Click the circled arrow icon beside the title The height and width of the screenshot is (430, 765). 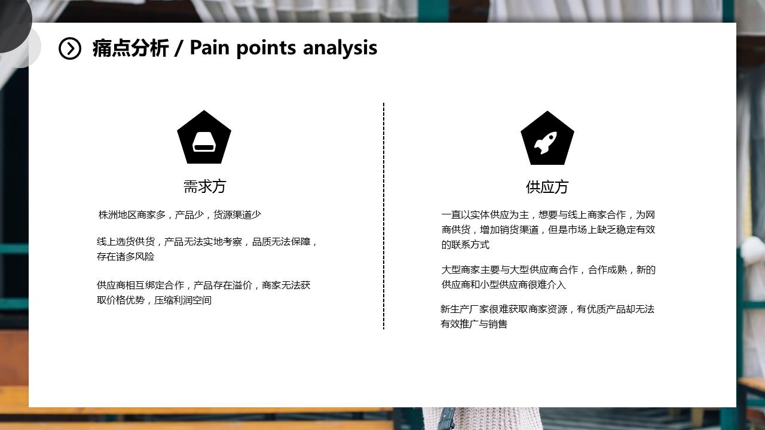70,48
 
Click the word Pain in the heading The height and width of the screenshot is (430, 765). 209,47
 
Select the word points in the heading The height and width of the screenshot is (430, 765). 266,48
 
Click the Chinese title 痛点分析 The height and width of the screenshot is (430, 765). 130,48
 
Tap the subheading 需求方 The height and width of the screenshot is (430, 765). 204,186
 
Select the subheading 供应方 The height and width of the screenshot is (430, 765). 547,187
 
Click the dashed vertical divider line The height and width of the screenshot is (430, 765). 384,216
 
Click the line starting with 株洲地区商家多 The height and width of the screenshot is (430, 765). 180,214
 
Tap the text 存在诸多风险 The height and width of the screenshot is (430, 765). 126,257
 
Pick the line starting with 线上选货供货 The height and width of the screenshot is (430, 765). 207,242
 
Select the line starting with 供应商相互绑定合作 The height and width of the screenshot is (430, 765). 204,285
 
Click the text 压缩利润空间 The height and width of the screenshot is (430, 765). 183,300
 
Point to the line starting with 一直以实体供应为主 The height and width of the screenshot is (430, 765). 548,214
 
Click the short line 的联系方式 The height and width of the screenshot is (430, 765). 466,245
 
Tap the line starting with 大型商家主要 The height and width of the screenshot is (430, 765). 548,270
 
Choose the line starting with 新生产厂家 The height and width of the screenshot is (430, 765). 547,309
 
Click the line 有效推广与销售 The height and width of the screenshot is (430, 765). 474,324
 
